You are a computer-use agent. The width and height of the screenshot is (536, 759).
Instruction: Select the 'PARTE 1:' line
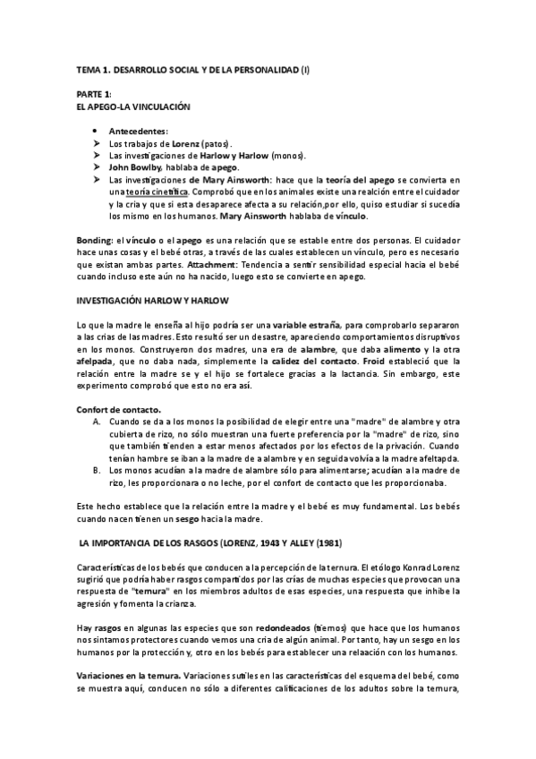click(93, 94)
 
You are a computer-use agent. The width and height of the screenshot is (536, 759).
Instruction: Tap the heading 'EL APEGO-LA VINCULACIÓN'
click(133, 107)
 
